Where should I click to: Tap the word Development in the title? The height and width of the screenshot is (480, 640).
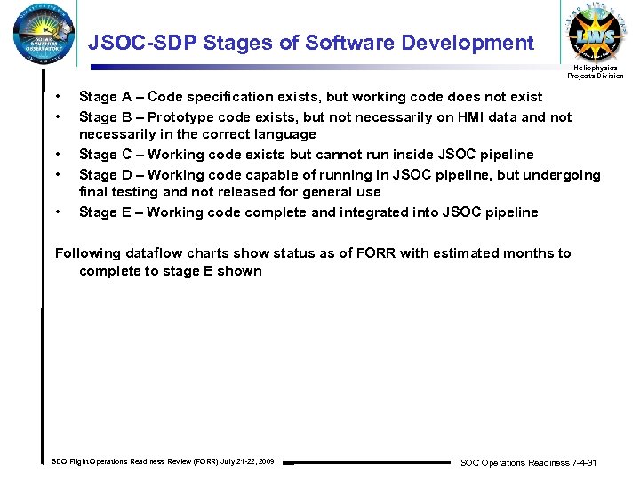468,43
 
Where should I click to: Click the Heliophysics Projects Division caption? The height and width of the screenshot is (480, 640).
596,72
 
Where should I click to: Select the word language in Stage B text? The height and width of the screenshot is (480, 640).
285,134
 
